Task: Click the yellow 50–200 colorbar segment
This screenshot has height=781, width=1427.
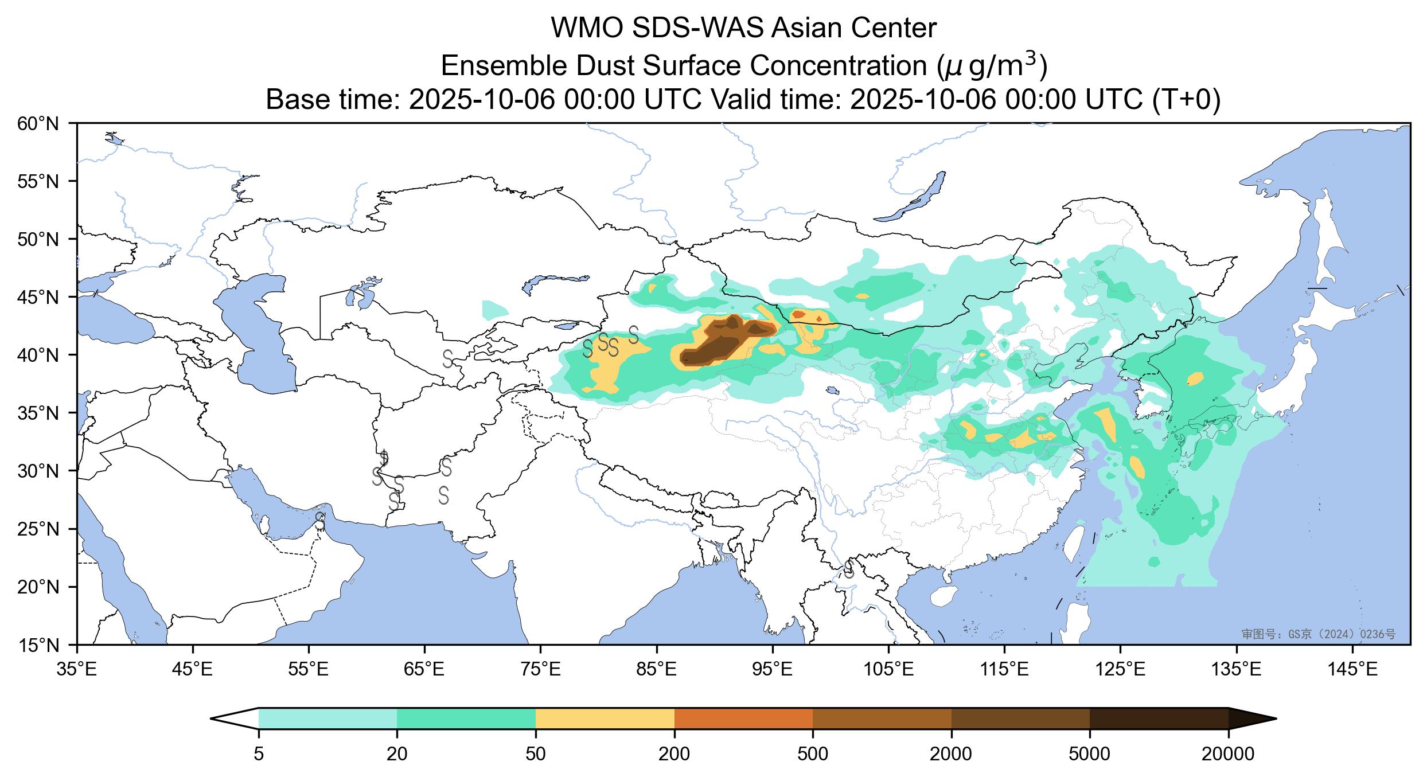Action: pyautogui.click(x=605, y=718)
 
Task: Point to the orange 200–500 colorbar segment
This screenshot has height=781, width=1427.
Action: pyautogui.click(x=743, y=718)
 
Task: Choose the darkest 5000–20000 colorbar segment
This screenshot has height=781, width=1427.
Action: pyautogui.click(x=1159, y=718)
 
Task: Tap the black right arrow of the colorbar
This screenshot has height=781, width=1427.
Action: pyautogui.click(x=1250, y=718)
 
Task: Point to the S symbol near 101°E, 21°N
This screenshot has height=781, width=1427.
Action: pyautogui.click(x=849, y=569)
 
